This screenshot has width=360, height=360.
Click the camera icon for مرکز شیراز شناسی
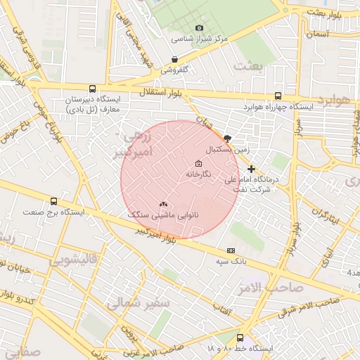pyautogui.click(x=199, y=28)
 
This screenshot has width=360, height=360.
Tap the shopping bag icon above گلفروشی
pyautogui.click(x=174, y=60)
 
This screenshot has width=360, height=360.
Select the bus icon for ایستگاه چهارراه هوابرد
pyautogui.click(x=278, y=96)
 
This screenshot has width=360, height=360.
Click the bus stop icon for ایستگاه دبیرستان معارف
pyautogui.click(x=92, y=89)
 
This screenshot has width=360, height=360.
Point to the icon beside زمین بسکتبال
pyautogui.click(x=226, y=139)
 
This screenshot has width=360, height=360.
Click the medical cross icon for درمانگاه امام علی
pyautogui.click(x=251, y=169)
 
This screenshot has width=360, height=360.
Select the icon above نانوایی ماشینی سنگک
pyautogui.click(x=163, y=204)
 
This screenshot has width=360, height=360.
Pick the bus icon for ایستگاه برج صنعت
pyautogui.click(x=53, y=202)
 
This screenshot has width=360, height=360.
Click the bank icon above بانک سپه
pyautogui.click(x=230, y=251)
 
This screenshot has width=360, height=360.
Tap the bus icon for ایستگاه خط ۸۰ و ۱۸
pyautogui.click(x=240, y=338)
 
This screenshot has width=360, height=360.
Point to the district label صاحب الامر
pyautogui.click(x=276, y=288)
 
